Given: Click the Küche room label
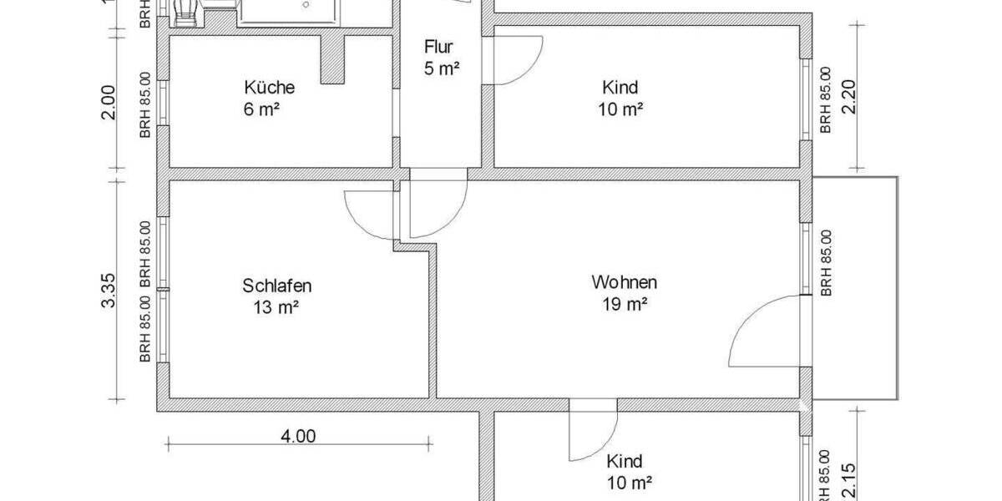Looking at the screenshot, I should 269,87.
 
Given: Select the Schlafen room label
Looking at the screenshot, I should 277,286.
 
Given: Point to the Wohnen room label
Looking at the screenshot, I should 624,281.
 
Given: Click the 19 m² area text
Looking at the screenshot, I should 625,305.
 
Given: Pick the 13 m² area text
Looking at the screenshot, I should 276,307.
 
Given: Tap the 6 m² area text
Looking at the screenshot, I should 268,109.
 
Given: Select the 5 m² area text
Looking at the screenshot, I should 442,68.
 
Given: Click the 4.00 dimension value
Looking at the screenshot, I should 298,435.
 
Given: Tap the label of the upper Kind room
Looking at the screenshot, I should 620,87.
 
